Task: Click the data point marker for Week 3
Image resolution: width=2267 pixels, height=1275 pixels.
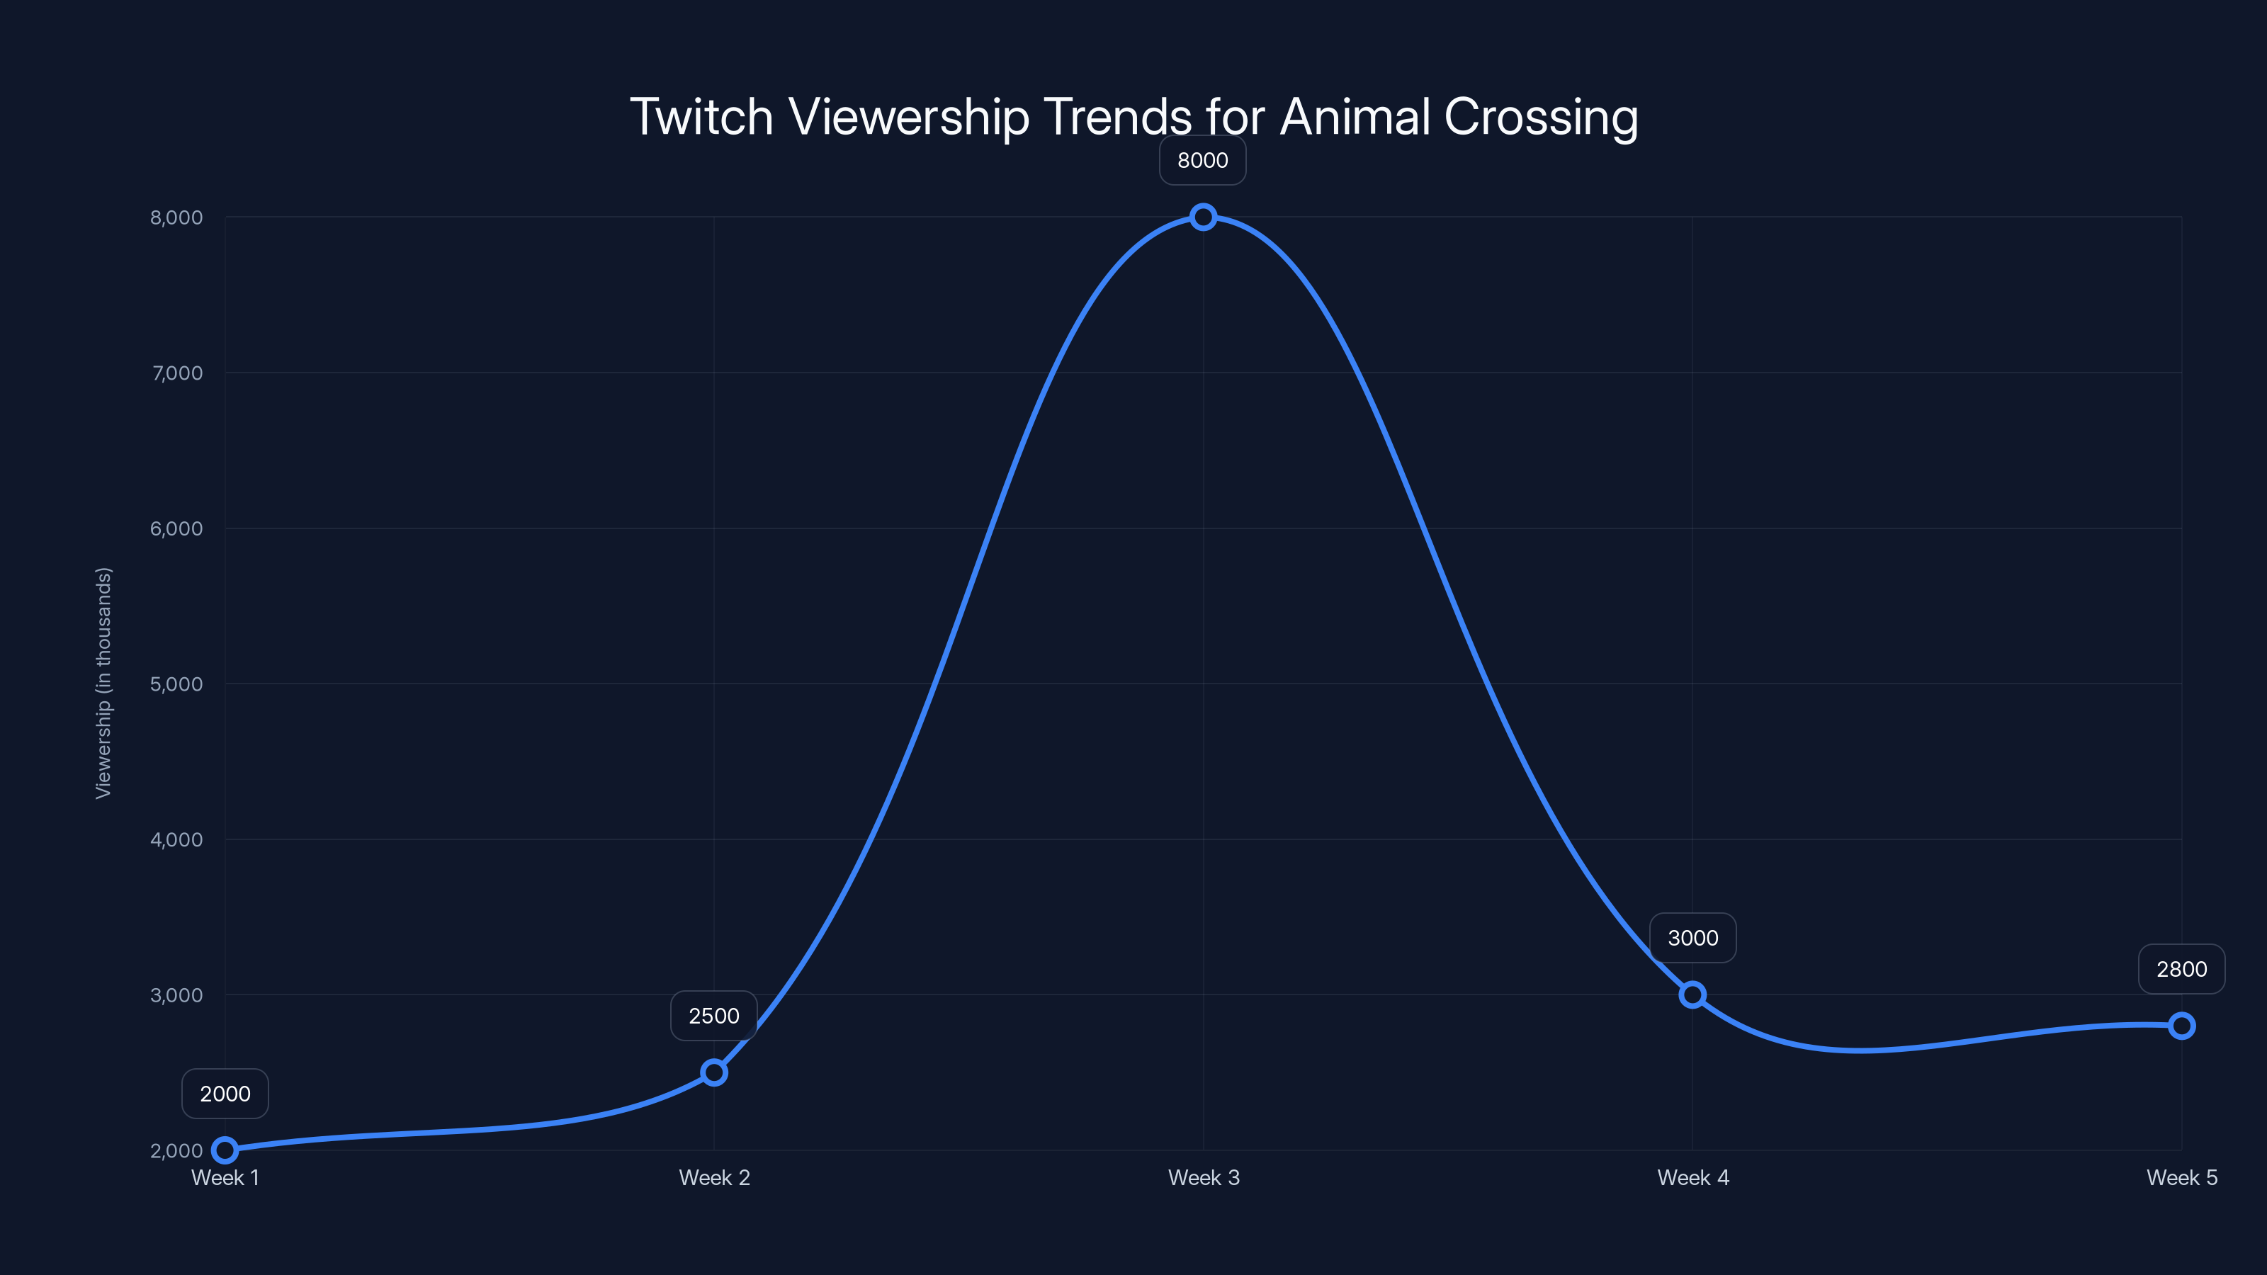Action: click(1203, 217)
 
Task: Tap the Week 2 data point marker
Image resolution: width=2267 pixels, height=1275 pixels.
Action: click(713, 1072)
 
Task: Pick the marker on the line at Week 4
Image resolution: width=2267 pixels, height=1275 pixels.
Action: click(1692, 994)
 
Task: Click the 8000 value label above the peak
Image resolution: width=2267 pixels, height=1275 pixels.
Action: click(1202, 160)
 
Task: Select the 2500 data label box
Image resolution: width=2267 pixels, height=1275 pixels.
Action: click(713, 1016)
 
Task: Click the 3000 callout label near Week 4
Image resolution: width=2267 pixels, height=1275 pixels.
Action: click(1692, 938)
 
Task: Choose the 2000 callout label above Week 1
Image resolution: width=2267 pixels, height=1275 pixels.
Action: click(225, 1094)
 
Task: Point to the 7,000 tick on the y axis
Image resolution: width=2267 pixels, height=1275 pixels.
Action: click(177, 373)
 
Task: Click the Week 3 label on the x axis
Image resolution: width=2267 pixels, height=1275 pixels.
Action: click(1203, 1177)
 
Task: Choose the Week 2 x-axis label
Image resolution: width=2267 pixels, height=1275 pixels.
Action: click(713, 1177)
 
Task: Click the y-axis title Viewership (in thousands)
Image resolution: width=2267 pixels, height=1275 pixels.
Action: click(104, 683)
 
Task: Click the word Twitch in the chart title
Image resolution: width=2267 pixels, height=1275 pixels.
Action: click(701, 117)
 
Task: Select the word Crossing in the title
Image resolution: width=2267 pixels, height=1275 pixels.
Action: click(1540, 117)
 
